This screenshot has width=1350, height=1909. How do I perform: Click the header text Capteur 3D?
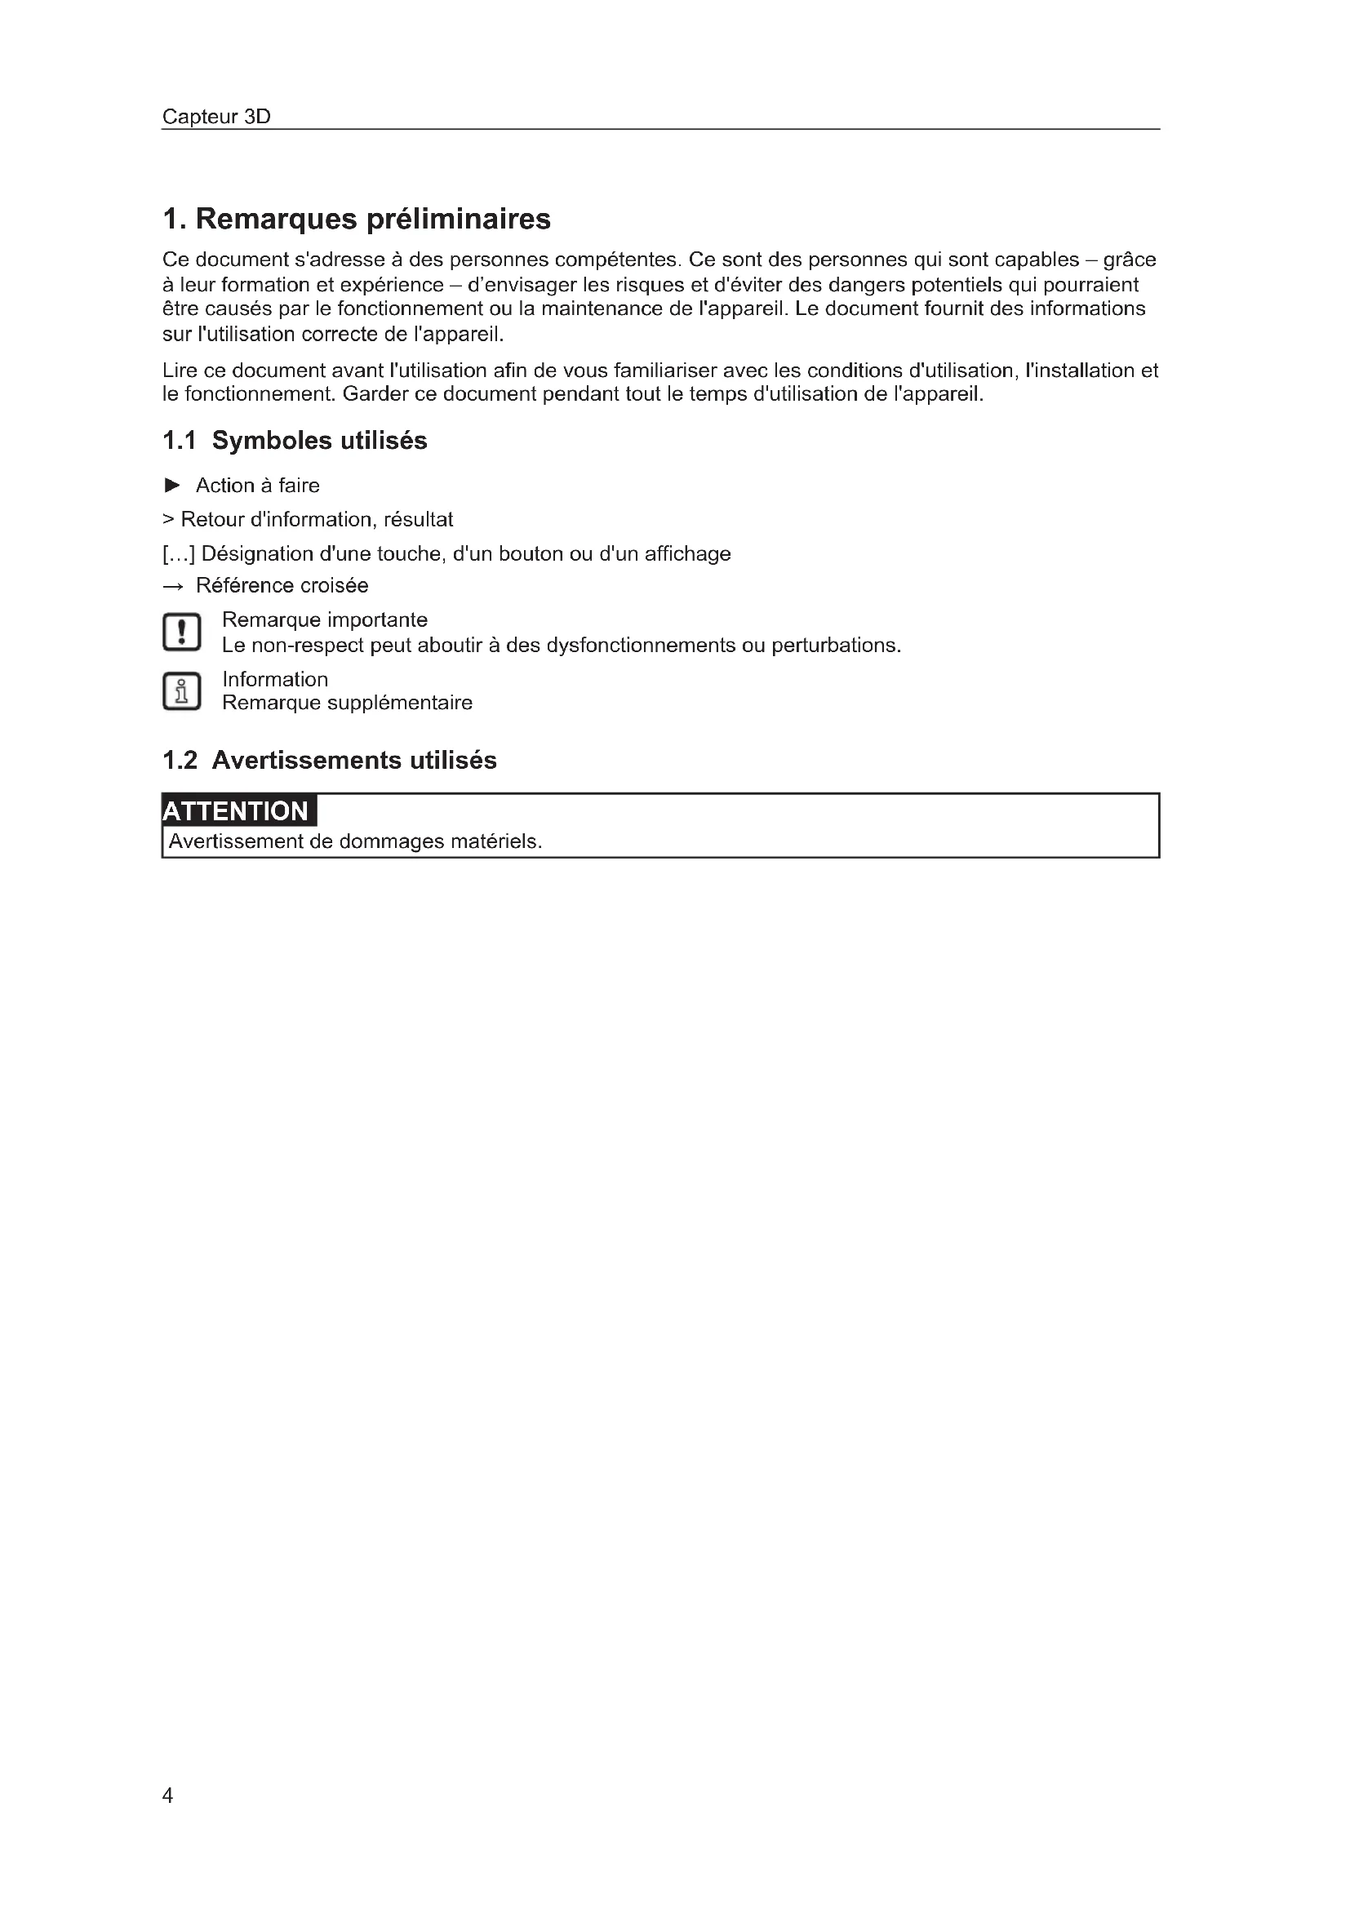coord(216,117)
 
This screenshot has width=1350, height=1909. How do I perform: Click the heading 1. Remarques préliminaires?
coord(357,220)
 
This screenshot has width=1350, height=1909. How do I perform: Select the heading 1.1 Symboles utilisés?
coord(295,441)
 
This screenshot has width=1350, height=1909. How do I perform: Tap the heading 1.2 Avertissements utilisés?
coord(329,760)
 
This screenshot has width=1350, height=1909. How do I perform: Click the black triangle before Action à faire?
coord(173,485)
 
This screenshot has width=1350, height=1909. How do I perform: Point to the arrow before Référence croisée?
coord(173,587)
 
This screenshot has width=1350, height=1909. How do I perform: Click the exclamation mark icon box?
coord(182,632)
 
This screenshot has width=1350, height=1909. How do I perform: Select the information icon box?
coord(182,691)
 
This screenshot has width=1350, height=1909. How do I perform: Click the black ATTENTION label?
coord(238,810)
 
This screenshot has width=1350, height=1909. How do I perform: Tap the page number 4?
coord(168,1796)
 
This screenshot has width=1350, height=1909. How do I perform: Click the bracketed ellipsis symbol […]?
coord(179,553)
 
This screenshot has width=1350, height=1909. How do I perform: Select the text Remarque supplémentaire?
coord(347,704)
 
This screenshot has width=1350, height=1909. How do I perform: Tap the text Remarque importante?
coord(324,620)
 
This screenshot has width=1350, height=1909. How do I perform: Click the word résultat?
coord(418,520)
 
